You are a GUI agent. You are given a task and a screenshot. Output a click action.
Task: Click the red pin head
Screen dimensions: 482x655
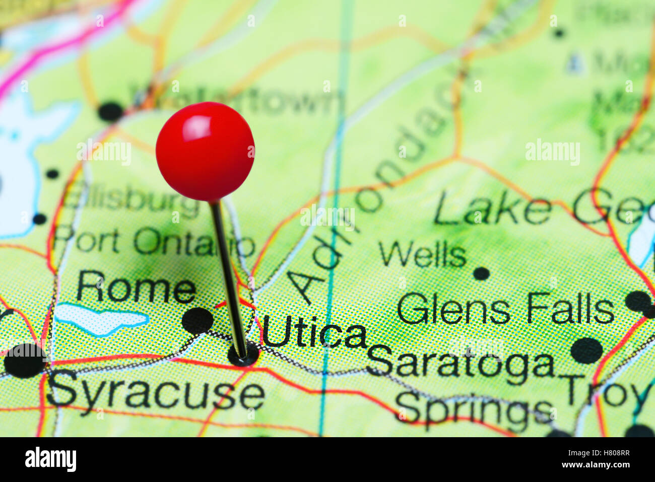(x=205, y=151)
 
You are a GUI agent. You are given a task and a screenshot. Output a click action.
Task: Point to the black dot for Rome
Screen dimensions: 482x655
(x=197, y=320)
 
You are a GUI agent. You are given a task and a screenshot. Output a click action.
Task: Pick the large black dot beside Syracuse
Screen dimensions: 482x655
(x=24, y=360)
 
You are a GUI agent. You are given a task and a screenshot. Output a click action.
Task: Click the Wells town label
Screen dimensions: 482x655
(x=422, y=255)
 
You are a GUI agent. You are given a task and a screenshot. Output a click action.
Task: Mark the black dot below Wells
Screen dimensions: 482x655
(x=481, y=273)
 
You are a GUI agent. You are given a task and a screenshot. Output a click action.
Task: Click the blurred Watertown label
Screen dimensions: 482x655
(x=237, y=101)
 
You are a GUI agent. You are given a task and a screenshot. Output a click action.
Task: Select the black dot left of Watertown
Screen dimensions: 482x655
(x=110, y=111)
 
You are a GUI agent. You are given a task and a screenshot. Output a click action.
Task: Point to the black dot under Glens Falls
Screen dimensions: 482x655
(x=586, y=350)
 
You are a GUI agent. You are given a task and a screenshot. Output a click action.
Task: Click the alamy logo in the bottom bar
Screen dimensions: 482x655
(x=50, y=459)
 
